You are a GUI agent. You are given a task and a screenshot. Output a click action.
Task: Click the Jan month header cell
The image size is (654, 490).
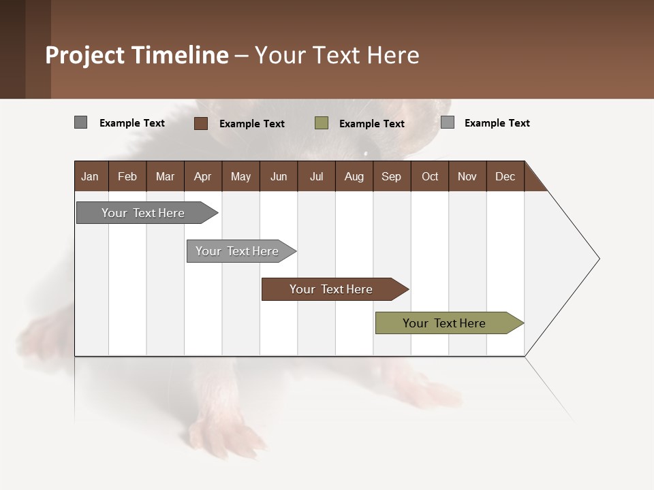(91, 176)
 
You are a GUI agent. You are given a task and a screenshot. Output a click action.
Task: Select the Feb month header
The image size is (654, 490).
(127, 176)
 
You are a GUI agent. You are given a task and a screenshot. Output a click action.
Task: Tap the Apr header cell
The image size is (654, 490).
(203, 176)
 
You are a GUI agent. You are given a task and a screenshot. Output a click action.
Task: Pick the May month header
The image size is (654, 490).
(240, 176)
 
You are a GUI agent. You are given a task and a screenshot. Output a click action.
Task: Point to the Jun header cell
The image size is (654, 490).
(279, 176)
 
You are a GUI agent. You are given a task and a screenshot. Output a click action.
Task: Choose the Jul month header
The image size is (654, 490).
(316, 176)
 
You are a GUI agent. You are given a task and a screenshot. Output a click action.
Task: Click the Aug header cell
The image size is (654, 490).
(354, 176)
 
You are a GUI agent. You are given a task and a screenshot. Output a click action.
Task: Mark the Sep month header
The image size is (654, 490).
(392, 176)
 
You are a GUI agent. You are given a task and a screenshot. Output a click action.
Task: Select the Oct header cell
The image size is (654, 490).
(430, 176)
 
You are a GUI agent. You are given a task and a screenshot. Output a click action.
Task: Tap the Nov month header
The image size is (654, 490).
(467, 176)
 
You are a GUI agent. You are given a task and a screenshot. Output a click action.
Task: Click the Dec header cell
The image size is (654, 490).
(505, 176)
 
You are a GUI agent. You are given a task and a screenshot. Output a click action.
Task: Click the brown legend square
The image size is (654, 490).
(200, 123)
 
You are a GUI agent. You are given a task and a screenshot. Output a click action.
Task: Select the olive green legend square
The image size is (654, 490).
(322, 123)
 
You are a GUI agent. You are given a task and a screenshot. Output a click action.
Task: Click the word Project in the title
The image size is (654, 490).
(86, 55)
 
